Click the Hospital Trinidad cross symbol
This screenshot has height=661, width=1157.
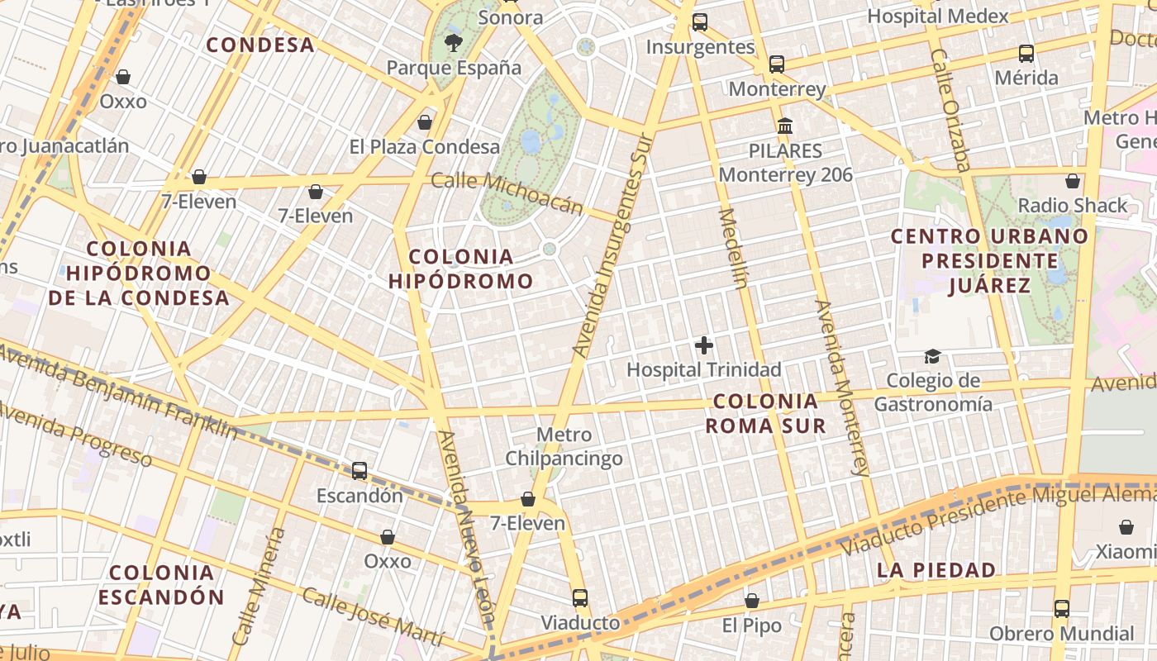(704, 345)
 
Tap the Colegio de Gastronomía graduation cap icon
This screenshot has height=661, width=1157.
(932, 356)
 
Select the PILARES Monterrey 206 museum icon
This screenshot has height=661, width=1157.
(785, 126)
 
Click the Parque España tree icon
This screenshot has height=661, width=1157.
(453, 43)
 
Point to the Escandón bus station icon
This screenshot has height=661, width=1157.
(359, 471)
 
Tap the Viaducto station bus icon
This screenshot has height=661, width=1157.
(580, 597)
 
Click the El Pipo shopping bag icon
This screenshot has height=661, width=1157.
(751, 601)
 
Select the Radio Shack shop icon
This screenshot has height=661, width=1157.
(1073, 181)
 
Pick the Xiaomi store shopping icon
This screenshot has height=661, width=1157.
(1126, 527)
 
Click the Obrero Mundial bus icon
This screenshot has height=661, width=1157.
(1062, 609)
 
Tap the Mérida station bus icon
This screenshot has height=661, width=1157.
(1026, 54)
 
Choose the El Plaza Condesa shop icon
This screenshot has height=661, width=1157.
(425, 122)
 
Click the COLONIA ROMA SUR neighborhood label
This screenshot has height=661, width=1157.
(765, 413)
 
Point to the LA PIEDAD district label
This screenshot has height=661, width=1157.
(936, 570)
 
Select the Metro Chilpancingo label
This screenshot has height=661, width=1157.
(564, 446)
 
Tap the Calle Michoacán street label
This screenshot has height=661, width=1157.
(507, 193)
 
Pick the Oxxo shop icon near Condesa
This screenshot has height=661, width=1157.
(123, 77)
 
